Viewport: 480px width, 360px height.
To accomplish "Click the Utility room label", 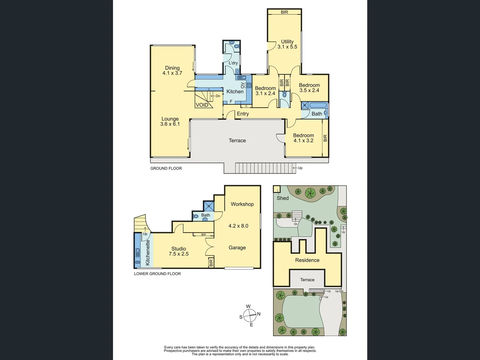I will coord(287,42).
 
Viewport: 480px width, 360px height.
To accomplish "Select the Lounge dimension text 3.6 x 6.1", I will coord(170,124).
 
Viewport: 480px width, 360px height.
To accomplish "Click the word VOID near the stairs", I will coord(202,105).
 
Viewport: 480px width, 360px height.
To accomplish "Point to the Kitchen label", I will coord(235,92).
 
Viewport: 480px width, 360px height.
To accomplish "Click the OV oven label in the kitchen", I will coord(242,85).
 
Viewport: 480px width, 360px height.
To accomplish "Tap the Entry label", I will coord(243,114).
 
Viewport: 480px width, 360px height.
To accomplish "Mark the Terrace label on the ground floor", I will coord(237,141).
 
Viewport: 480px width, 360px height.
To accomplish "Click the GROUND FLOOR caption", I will coord(166,168).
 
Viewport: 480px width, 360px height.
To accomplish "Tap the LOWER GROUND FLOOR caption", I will coord(157,274).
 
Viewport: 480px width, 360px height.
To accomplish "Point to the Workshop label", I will coord(242,204).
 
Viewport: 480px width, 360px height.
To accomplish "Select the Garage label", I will coord(237,248).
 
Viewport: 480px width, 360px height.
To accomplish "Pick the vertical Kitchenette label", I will coord(148,252).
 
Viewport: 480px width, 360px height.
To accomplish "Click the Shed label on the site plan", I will coord(283,198).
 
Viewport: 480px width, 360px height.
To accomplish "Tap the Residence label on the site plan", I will coord(307,260).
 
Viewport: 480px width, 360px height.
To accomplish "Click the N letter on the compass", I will coord(259,314).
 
